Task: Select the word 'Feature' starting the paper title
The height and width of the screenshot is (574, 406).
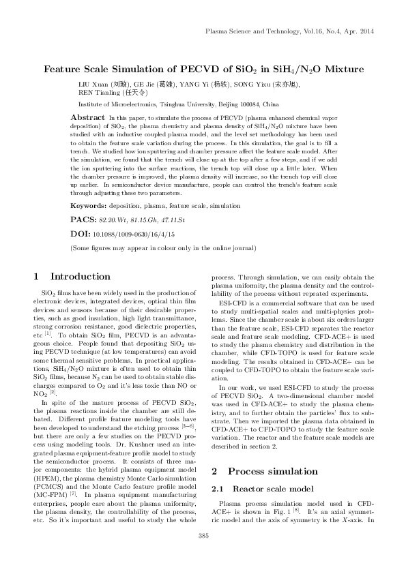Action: [64, 69]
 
